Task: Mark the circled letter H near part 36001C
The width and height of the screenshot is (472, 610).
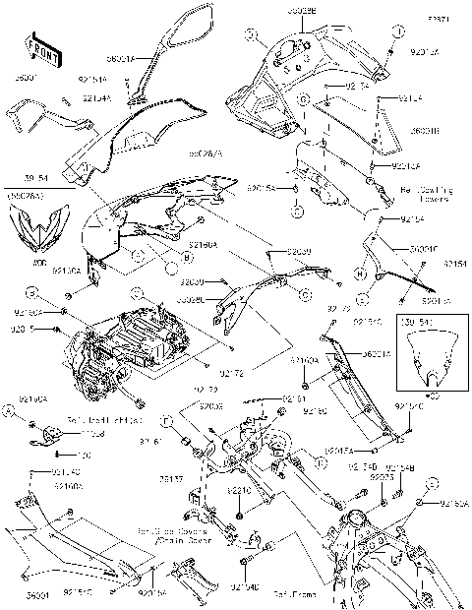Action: coord(360,273)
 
